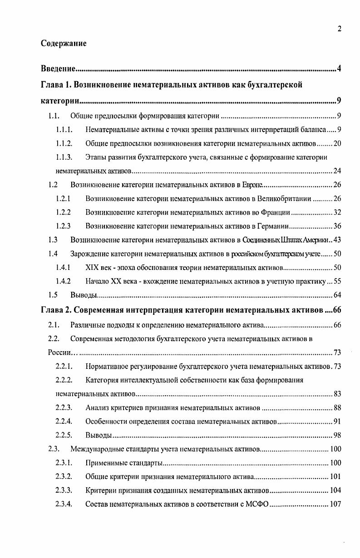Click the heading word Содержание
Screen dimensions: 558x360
[64, 44]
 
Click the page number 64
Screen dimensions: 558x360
[336, 295]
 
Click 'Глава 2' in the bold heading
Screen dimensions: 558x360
[56, 310]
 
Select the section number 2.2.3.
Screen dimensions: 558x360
[64, 407]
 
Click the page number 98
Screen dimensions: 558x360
[336, 435]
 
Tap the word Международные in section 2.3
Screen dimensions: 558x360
[97, 449]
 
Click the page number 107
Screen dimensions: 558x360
[335, 504]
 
